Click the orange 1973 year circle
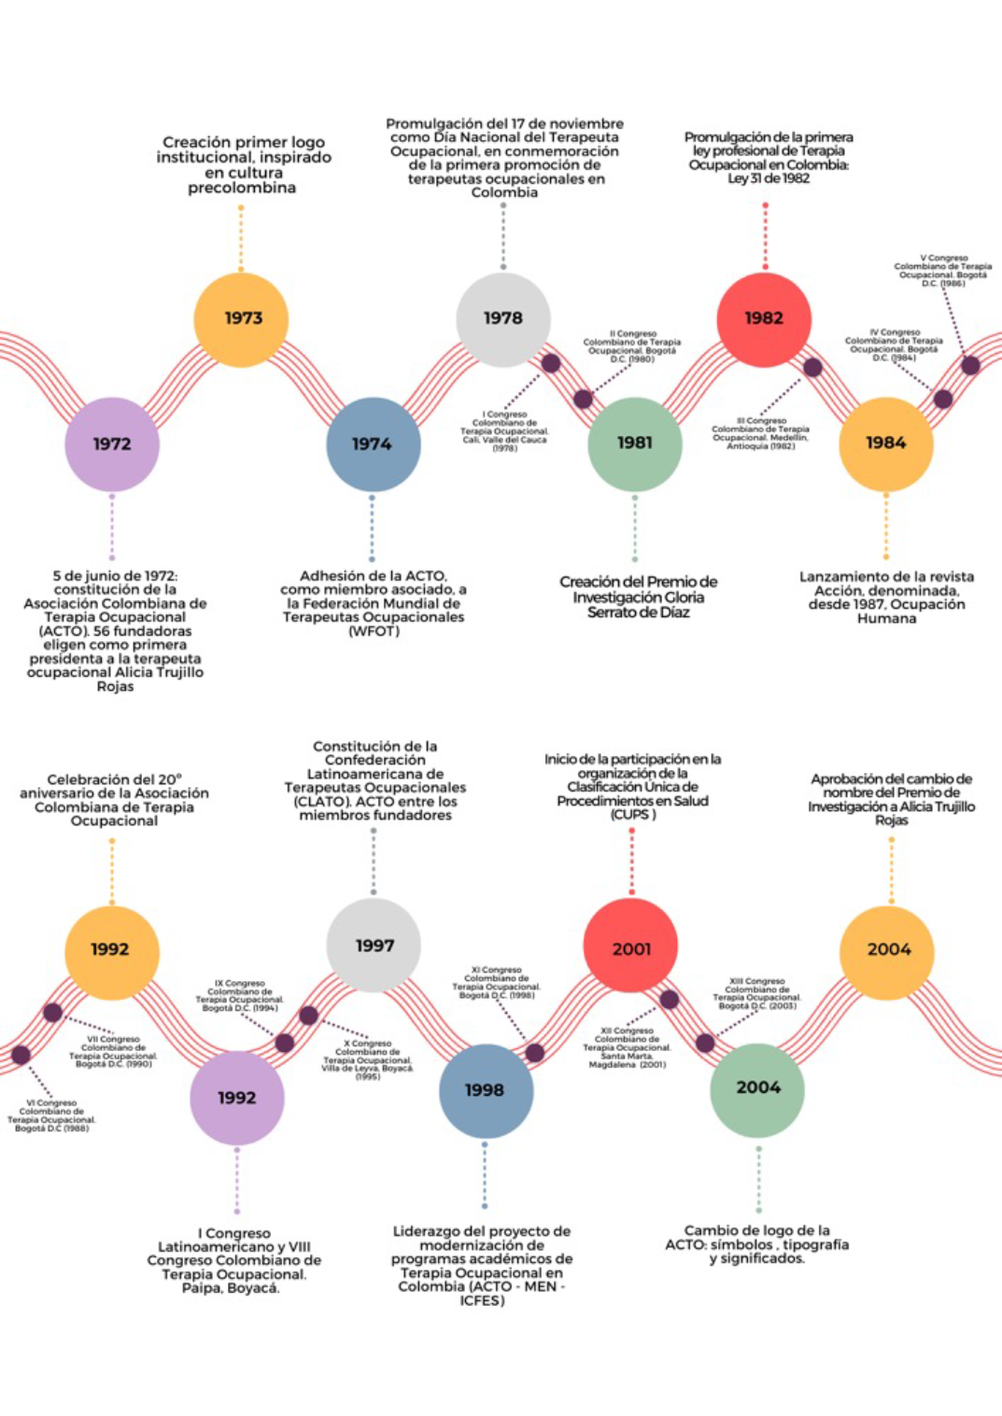click(x=241, y=319)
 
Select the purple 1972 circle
click(x=112, y=444)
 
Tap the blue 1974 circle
click(x=373, y=444)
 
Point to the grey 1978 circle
click(x=503, y=319)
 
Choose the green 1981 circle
click(x=635, y=443)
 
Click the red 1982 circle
click(x=764, y=319)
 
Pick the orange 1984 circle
click(x=886, y=443)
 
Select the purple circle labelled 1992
click(x=237, y=1098)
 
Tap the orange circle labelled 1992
click(x=111, y=950)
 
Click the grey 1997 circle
click(x=374, y=946)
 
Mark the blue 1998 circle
click(x=486, y=1090)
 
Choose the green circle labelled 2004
click(x=758, y=1088)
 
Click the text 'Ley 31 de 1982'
click(x=769, y=178)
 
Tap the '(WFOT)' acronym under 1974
click(x=374, y=632)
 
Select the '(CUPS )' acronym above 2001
click(x=633, y=815)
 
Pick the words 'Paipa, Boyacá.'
click(x=231, y=1289)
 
